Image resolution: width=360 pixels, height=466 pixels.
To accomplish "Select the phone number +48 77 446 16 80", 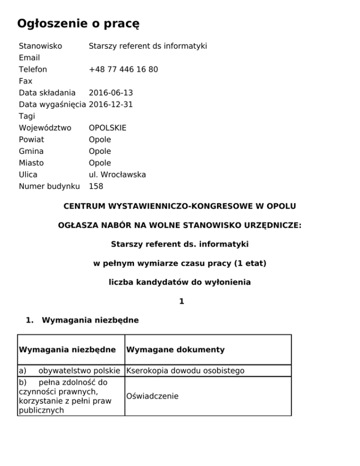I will point(123,69).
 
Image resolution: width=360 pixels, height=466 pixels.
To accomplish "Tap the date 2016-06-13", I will point(111,93).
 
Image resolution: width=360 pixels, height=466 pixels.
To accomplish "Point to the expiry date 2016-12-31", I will point(111,105).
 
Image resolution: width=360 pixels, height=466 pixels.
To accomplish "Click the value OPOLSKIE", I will point(107,128).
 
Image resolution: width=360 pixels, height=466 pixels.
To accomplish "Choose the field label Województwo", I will point(45,128).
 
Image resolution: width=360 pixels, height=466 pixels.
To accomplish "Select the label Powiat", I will point(31,140).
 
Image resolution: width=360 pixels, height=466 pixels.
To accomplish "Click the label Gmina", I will point(31,151).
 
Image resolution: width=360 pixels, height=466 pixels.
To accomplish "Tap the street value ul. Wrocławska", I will point(117,175).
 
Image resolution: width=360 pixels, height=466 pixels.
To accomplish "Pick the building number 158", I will point(96,187).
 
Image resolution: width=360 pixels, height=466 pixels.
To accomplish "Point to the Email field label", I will point(29,58).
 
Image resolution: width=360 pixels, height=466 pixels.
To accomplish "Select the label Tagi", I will point(26,116).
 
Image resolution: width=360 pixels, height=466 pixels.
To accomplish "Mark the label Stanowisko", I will point(40,46).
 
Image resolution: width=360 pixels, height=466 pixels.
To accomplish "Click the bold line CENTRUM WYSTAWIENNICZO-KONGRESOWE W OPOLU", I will point(180,206).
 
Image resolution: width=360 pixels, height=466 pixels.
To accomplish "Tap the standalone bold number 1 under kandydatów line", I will point(181,302).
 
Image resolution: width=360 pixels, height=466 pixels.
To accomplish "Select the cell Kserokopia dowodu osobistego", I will point(186,371).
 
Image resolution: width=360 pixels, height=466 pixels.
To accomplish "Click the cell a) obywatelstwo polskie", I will point(71,371).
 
